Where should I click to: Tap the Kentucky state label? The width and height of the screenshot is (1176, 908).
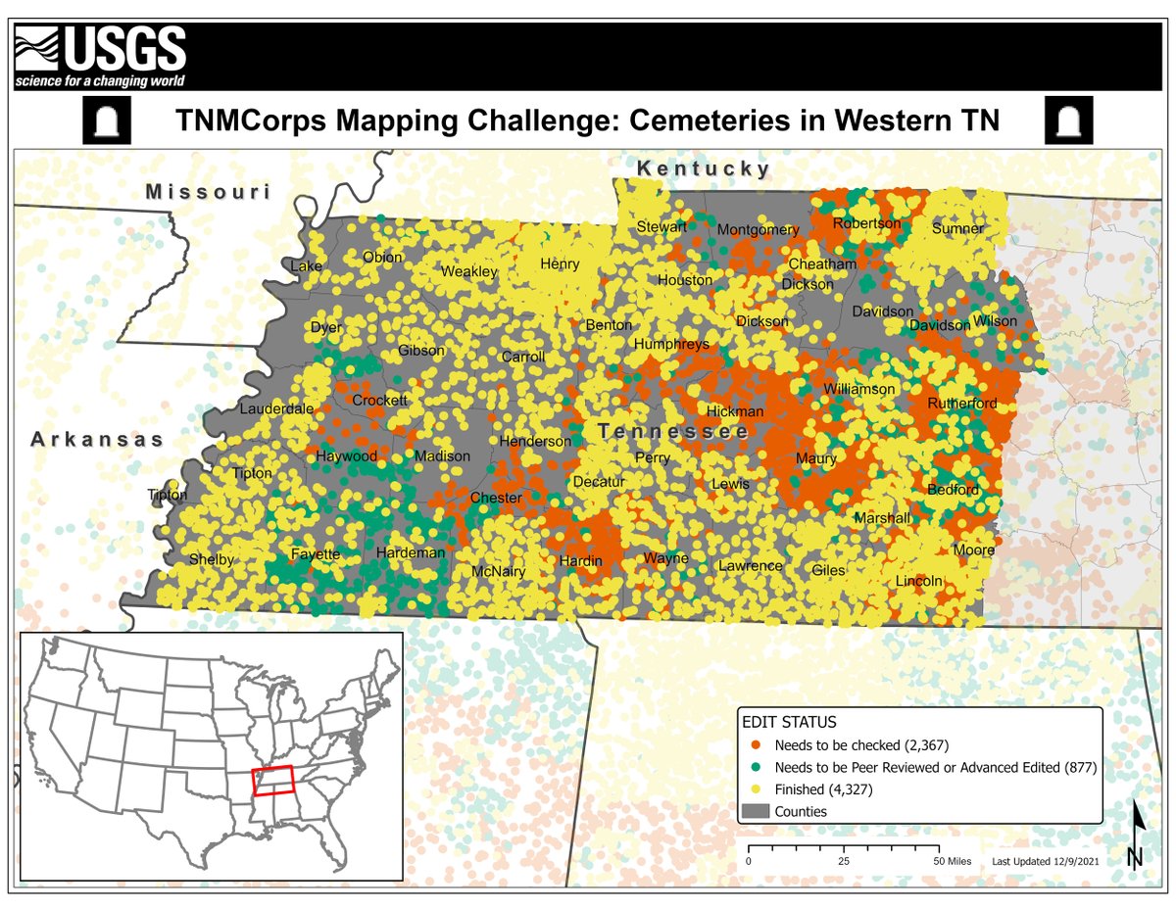[x=704, y=169]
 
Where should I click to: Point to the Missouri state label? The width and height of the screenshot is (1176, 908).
[x=208, y=192]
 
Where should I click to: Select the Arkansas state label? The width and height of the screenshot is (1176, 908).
[x=97, y=440]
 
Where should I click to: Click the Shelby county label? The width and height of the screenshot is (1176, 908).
[x=212, y=560]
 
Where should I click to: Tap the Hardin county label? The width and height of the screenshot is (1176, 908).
[x=580, y=561]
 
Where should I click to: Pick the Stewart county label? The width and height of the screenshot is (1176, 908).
[x=661, y=226]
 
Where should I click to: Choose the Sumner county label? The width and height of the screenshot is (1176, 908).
[x=957, y=229]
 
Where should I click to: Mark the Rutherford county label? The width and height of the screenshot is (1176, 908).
[x=962, y=404]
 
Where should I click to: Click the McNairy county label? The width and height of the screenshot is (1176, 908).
[x=499, y=571]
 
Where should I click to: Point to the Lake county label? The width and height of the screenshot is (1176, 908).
[x=306, y=266]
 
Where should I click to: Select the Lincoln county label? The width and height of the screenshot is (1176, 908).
[x=919, y=581]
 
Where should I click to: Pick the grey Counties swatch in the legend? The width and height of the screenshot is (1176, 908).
[x=753, y=811]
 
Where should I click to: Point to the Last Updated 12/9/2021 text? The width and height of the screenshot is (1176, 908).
[x=1047, y=861]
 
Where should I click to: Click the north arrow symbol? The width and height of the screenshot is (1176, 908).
[x=1135, y=836]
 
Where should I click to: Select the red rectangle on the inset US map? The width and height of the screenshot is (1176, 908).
[x=272, y=780]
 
